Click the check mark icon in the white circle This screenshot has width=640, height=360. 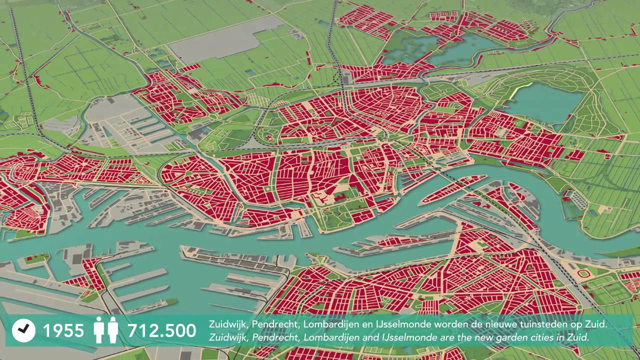coord(23,330)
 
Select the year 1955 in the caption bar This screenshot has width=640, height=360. coord(63,330)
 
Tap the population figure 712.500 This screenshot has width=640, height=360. coord(161,330)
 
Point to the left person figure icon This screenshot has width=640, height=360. coord(99,330)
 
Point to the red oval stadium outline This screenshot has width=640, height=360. coord(583,273)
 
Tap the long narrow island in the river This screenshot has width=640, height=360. coord(452,190)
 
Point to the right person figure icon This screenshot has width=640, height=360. coord(112,330)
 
